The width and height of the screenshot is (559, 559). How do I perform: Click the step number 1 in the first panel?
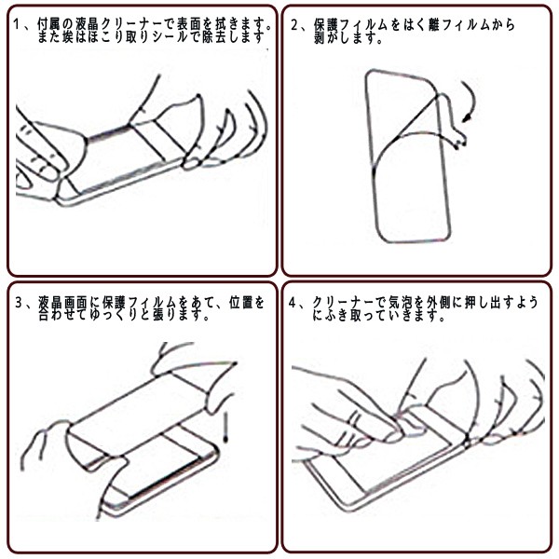16,24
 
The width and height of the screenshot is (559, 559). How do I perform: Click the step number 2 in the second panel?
294,26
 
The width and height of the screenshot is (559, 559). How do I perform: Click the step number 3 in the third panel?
19,303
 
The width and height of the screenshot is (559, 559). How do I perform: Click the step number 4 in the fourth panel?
293,303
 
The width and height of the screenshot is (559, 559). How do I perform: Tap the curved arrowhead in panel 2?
467,117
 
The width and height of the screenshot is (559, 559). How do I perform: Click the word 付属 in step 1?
49,24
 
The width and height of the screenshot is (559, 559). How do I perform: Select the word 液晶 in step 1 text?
87,24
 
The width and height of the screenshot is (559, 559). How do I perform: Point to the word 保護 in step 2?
325,25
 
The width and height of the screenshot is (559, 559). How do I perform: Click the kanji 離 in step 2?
434,25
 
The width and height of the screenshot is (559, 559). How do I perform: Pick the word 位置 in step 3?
240,302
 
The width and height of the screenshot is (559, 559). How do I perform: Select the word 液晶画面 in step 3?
62,302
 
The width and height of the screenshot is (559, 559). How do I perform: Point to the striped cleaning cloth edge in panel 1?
108,133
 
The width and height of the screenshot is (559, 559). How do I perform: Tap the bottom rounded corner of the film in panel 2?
383,236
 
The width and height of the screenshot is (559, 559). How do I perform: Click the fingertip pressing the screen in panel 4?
395,436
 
